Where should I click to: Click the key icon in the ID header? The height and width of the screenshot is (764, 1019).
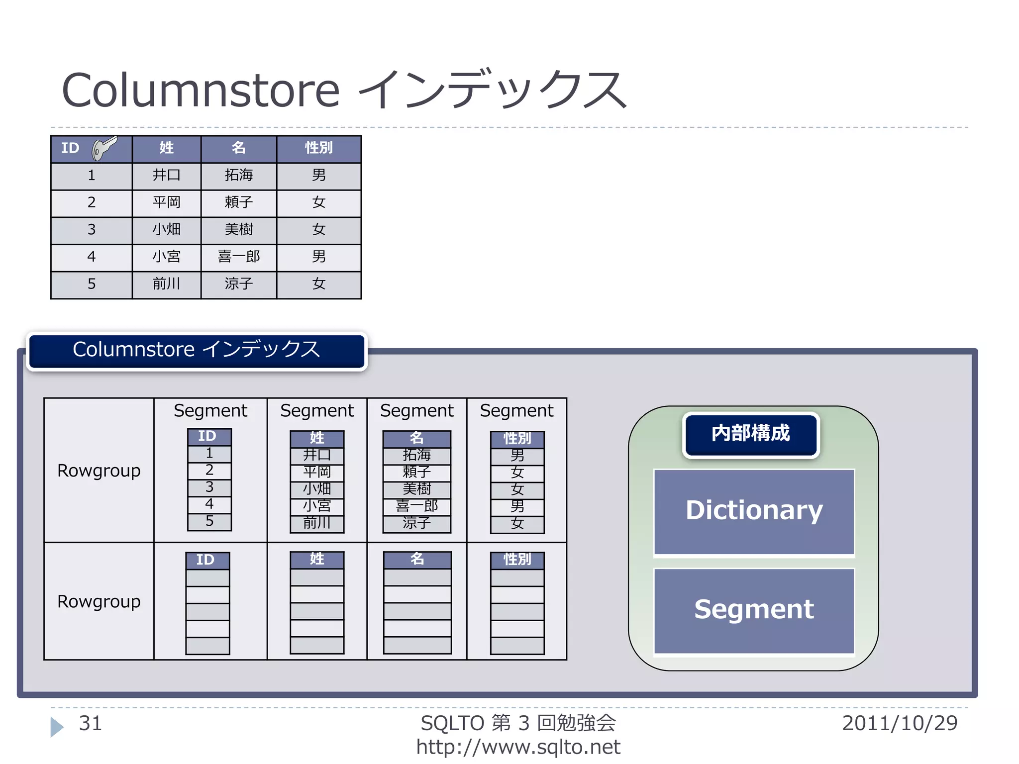[104, 148]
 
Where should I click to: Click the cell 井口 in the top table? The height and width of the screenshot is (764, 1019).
[166, 176]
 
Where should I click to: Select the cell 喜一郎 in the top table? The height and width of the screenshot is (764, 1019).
[239, 257]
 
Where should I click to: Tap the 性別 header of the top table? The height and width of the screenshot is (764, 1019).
[318, 148]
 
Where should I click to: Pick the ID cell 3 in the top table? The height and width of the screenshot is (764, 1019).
[92, 230]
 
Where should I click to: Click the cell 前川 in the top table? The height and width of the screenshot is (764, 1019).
[166, 284]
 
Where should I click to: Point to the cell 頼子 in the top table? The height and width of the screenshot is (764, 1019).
[239, 202]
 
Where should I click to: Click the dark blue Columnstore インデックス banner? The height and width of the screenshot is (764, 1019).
[197, 350]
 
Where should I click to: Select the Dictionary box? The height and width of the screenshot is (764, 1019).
[754, 511]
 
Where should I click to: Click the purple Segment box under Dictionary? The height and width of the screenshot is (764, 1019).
[754, 610]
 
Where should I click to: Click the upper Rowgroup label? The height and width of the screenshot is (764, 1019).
[99, 471]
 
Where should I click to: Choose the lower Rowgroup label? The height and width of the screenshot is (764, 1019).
[99, 602]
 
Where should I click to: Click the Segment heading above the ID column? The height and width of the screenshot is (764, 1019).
[210, 411]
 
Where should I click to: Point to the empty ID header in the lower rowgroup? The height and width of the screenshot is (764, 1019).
[207, 561]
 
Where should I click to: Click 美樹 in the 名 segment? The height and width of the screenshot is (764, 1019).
[416, 489]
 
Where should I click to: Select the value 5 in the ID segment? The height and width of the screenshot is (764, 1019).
[209, 521]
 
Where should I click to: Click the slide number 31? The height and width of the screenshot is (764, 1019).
[90, 724]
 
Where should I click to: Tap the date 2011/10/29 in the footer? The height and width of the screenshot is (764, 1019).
[900, 724]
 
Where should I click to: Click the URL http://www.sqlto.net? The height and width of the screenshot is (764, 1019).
[518, 747]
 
